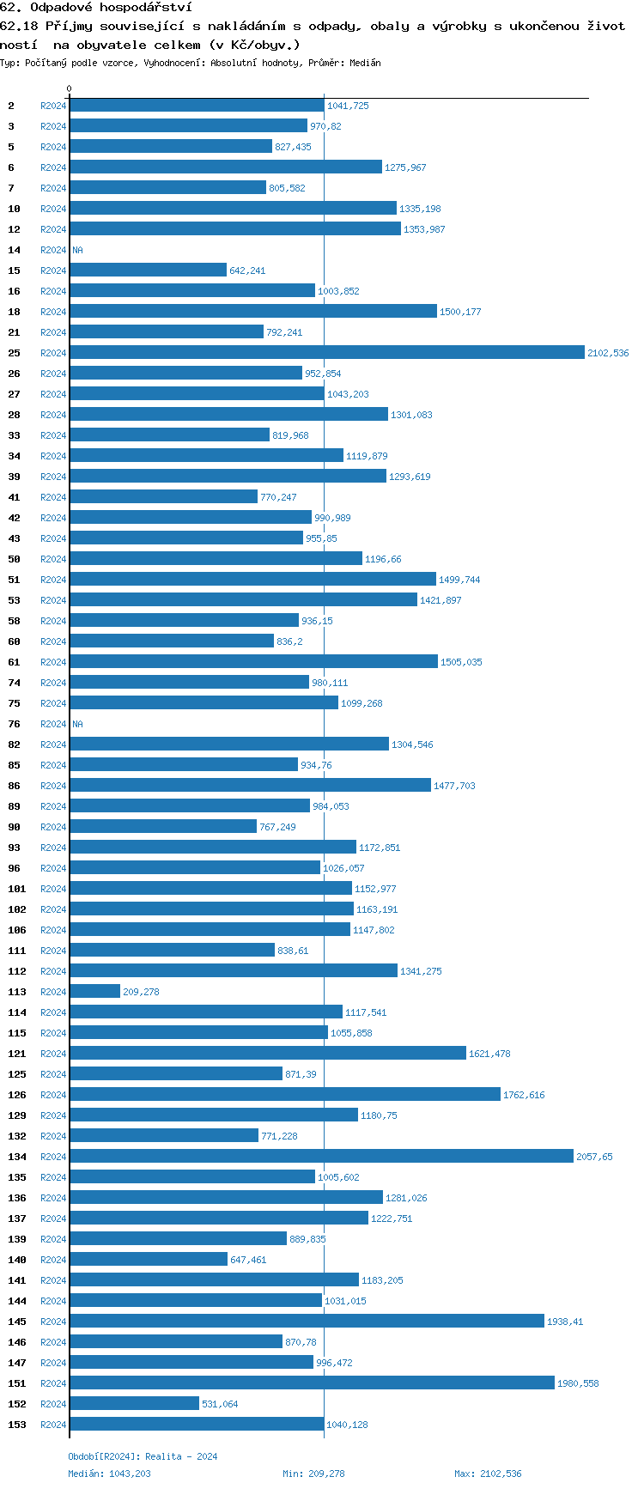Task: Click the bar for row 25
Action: tap(326, 353)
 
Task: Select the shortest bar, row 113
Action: tap(94, 992)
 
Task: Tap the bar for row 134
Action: tap(321, 1157)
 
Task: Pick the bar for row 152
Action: tap(134, 1404)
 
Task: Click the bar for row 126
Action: tap(284, 1095)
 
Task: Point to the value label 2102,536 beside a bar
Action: tap(608, 354)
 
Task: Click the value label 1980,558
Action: tap(578, 1384)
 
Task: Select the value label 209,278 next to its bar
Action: tap(141, 993)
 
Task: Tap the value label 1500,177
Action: tap(460, 313)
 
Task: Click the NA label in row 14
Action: tap(77, 251)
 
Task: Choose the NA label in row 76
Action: tap(77, 725)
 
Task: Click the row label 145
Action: tap(17, 1322)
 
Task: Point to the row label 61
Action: tap(15, 663)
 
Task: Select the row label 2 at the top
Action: tap(11, 106)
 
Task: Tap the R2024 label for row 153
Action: tap(53, 1425)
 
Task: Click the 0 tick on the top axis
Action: tap(70, 89)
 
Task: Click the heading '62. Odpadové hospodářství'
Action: tap(95, 8)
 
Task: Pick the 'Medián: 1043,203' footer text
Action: tap(109, 1474)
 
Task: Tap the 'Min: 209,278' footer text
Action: tap(313, 1474)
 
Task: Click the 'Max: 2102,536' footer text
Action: tap(488, 1474)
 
